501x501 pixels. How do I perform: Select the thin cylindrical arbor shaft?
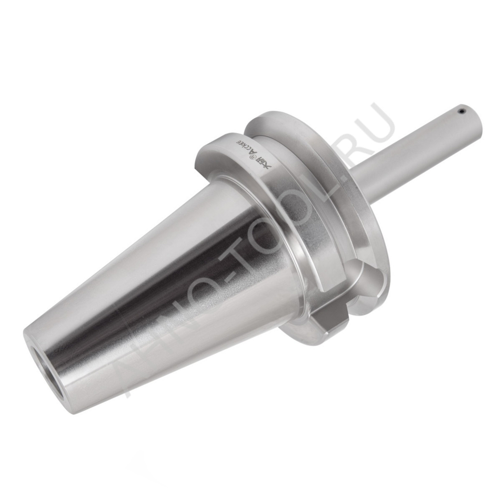click(411, 150)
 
